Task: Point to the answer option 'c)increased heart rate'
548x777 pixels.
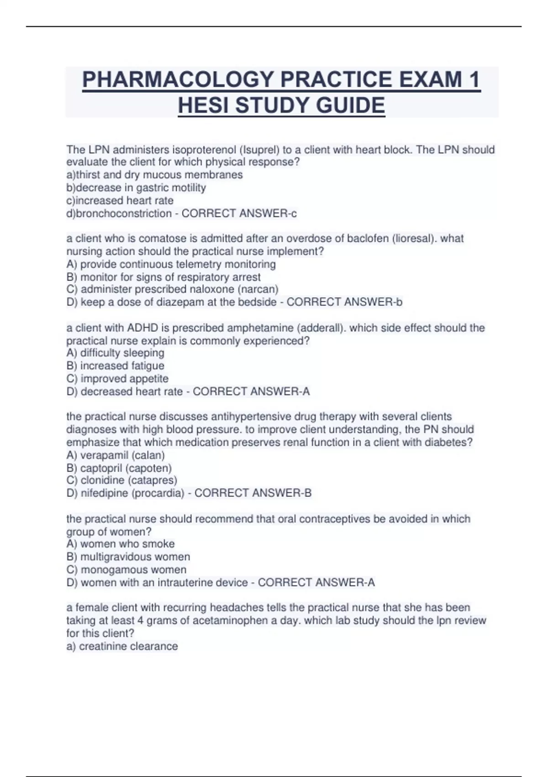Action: click(120, 201)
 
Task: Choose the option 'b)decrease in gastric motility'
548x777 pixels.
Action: click(136, 188)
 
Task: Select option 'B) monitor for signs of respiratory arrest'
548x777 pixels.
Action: click(163, 277)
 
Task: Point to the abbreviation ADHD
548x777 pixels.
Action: click(142, 328)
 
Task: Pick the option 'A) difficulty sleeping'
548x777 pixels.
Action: click(115, 353)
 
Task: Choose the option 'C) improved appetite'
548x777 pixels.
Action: click(117, 379)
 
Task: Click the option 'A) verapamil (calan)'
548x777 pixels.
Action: click(116, 455)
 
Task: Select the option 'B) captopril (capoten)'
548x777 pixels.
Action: click(119, 468)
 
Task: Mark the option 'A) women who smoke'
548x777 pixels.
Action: click(121, 544)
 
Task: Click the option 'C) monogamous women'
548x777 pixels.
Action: click(126, 570)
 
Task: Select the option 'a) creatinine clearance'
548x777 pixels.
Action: click(122, 646)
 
